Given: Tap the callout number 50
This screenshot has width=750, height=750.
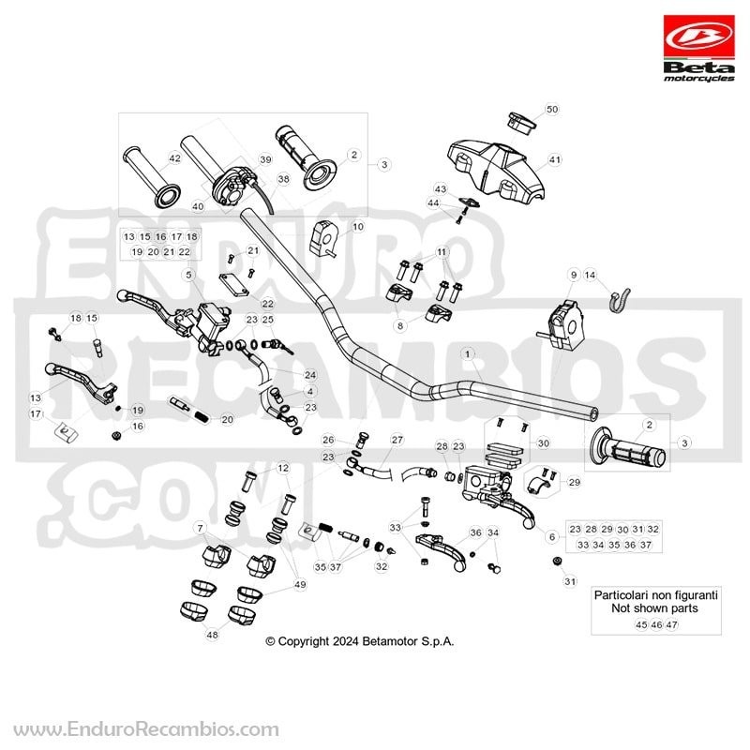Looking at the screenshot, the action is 552,109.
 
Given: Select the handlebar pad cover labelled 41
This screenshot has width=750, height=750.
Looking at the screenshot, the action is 496,170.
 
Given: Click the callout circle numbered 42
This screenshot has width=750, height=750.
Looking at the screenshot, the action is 175,157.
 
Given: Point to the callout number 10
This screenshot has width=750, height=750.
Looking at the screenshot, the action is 358,226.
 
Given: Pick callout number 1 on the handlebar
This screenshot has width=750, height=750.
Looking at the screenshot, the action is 467,354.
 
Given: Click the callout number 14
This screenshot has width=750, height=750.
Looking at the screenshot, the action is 591,275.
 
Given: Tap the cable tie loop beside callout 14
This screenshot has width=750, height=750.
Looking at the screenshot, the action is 620,300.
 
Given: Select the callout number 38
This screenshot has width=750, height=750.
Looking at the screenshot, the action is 284,179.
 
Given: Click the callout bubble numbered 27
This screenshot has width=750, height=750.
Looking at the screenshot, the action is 397,440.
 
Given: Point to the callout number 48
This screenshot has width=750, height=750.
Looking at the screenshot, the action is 212,635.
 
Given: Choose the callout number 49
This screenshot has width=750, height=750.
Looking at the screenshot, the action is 300,584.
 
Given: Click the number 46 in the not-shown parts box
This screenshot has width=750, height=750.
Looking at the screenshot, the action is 657,624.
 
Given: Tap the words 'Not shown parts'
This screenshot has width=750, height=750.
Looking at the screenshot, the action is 654,608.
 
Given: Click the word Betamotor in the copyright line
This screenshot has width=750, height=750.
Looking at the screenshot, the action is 390,641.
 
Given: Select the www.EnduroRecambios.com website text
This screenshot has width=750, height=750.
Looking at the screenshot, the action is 146,730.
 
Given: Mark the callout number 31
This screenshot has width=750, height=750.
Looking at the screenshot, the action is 570,581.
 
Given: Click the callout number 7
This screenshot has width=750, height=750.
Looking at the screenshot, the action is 200,529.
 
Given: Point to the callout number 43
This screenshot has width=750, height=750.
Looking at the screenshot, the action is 440,188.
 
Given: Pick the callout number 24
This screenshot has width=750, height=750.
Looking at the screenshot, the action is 310,374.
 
